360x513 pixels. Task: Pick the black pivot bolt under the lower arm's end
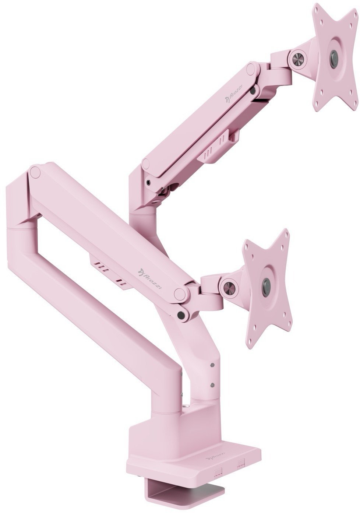(181, 315)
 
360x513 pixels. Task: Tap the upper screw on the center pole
(212, 365)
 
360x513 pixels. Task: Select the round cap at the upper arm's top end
(251, 68)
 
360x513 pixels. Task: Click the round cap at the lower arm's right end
(180, 293)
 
